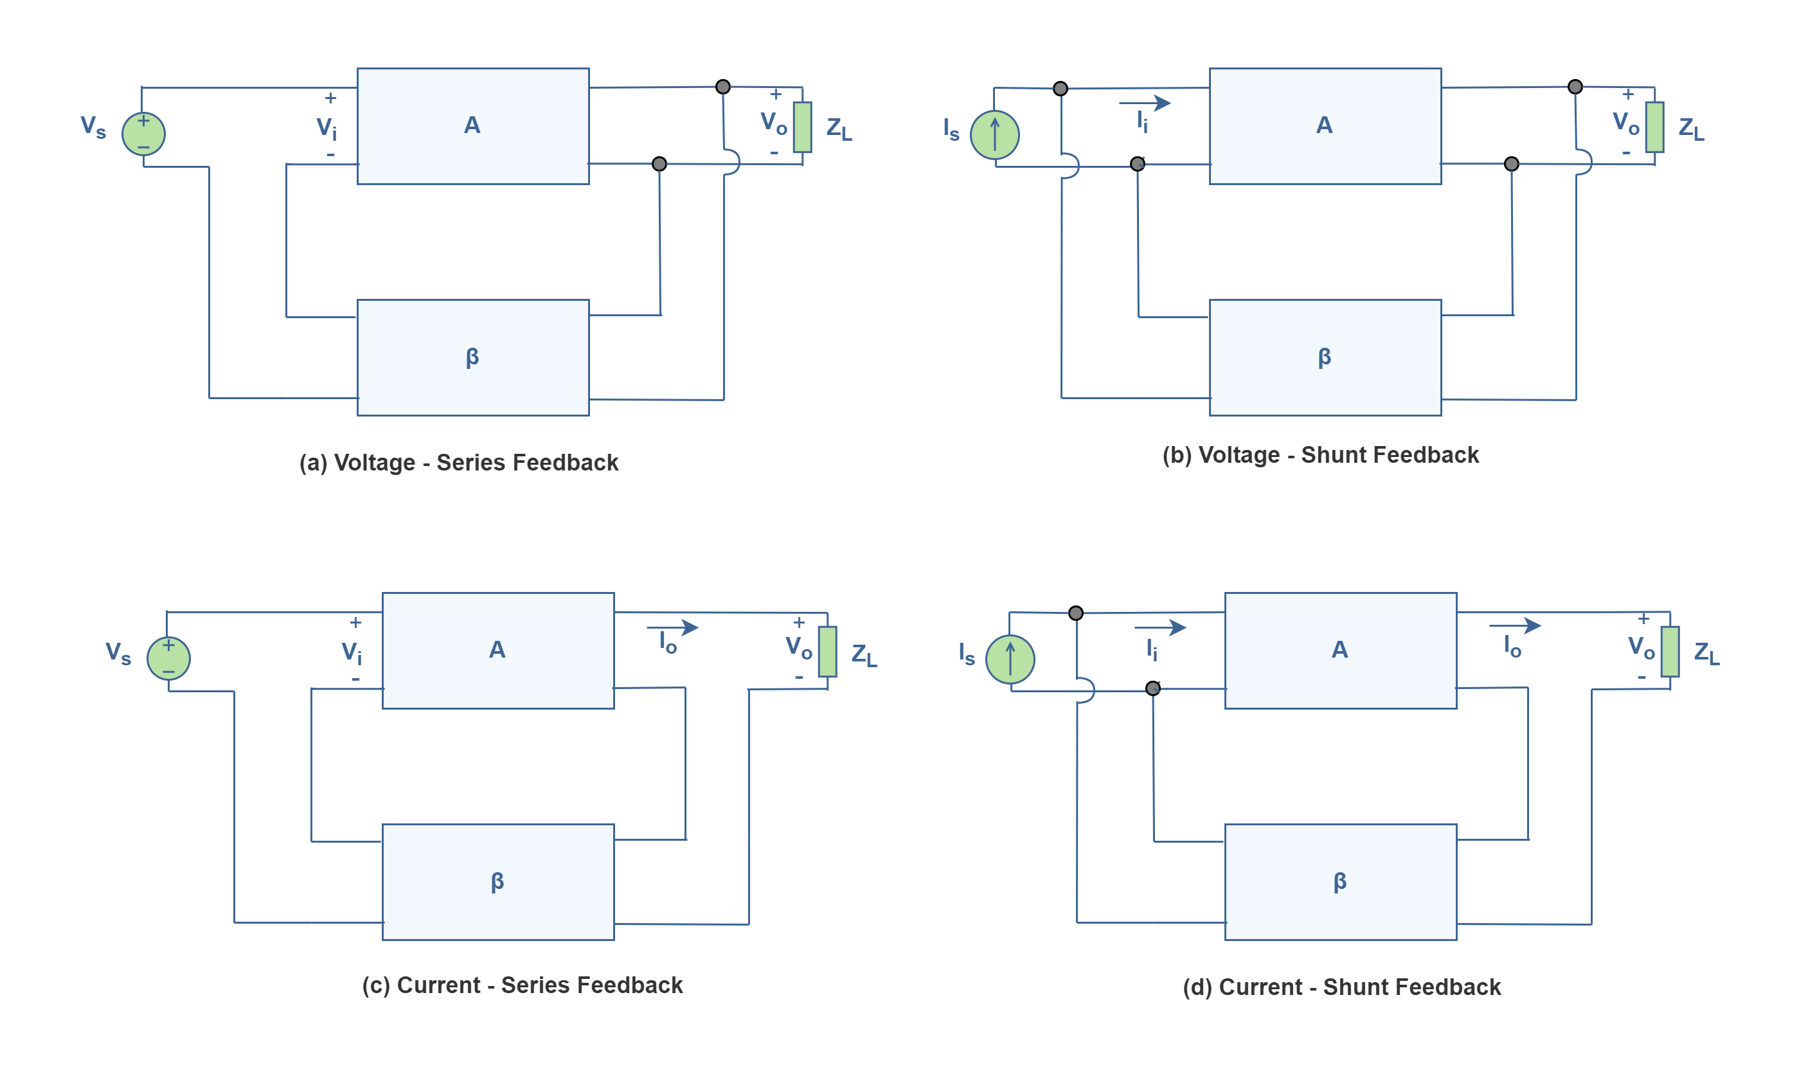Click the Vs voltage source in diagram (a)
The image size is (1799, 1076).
click(143, 134)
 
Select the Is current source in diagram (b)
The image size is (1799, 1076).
click(994, 134)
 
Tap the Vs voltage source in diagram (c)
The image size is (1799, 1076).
click(168, 658)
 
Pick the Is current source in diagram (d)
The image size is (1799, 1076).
click(1010, 659)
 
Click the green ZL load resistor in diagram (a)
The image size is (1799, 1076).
click(802, 127)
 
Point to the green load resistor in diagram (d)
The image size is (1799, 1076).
click(1670, 651)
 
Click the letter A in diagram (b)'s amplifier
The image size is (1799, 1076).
click(1324, 125)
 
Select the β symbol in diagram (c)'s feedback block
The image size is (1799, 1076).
click(497, 882)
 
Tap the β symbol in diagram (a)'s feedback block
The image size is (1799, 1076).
click(472, 357)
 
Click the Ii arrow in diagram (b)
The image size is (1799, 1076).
click(1145, 103)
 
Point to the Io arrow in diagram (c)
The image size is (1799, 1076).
click(673, 627)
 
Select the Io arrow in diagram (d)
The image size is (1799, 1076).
click(1515, 625)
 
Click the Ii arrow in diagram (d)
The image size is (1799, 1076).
click(1159, 627)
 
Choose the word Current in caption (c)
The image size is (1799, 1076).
click(438, 985)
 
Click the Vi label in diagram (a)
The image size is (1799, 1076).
click(327, 129)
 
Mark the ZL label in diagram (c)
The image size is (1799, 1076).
click(864, 655)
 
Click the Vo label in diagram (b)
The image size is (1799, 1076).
click(1625, 123)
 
